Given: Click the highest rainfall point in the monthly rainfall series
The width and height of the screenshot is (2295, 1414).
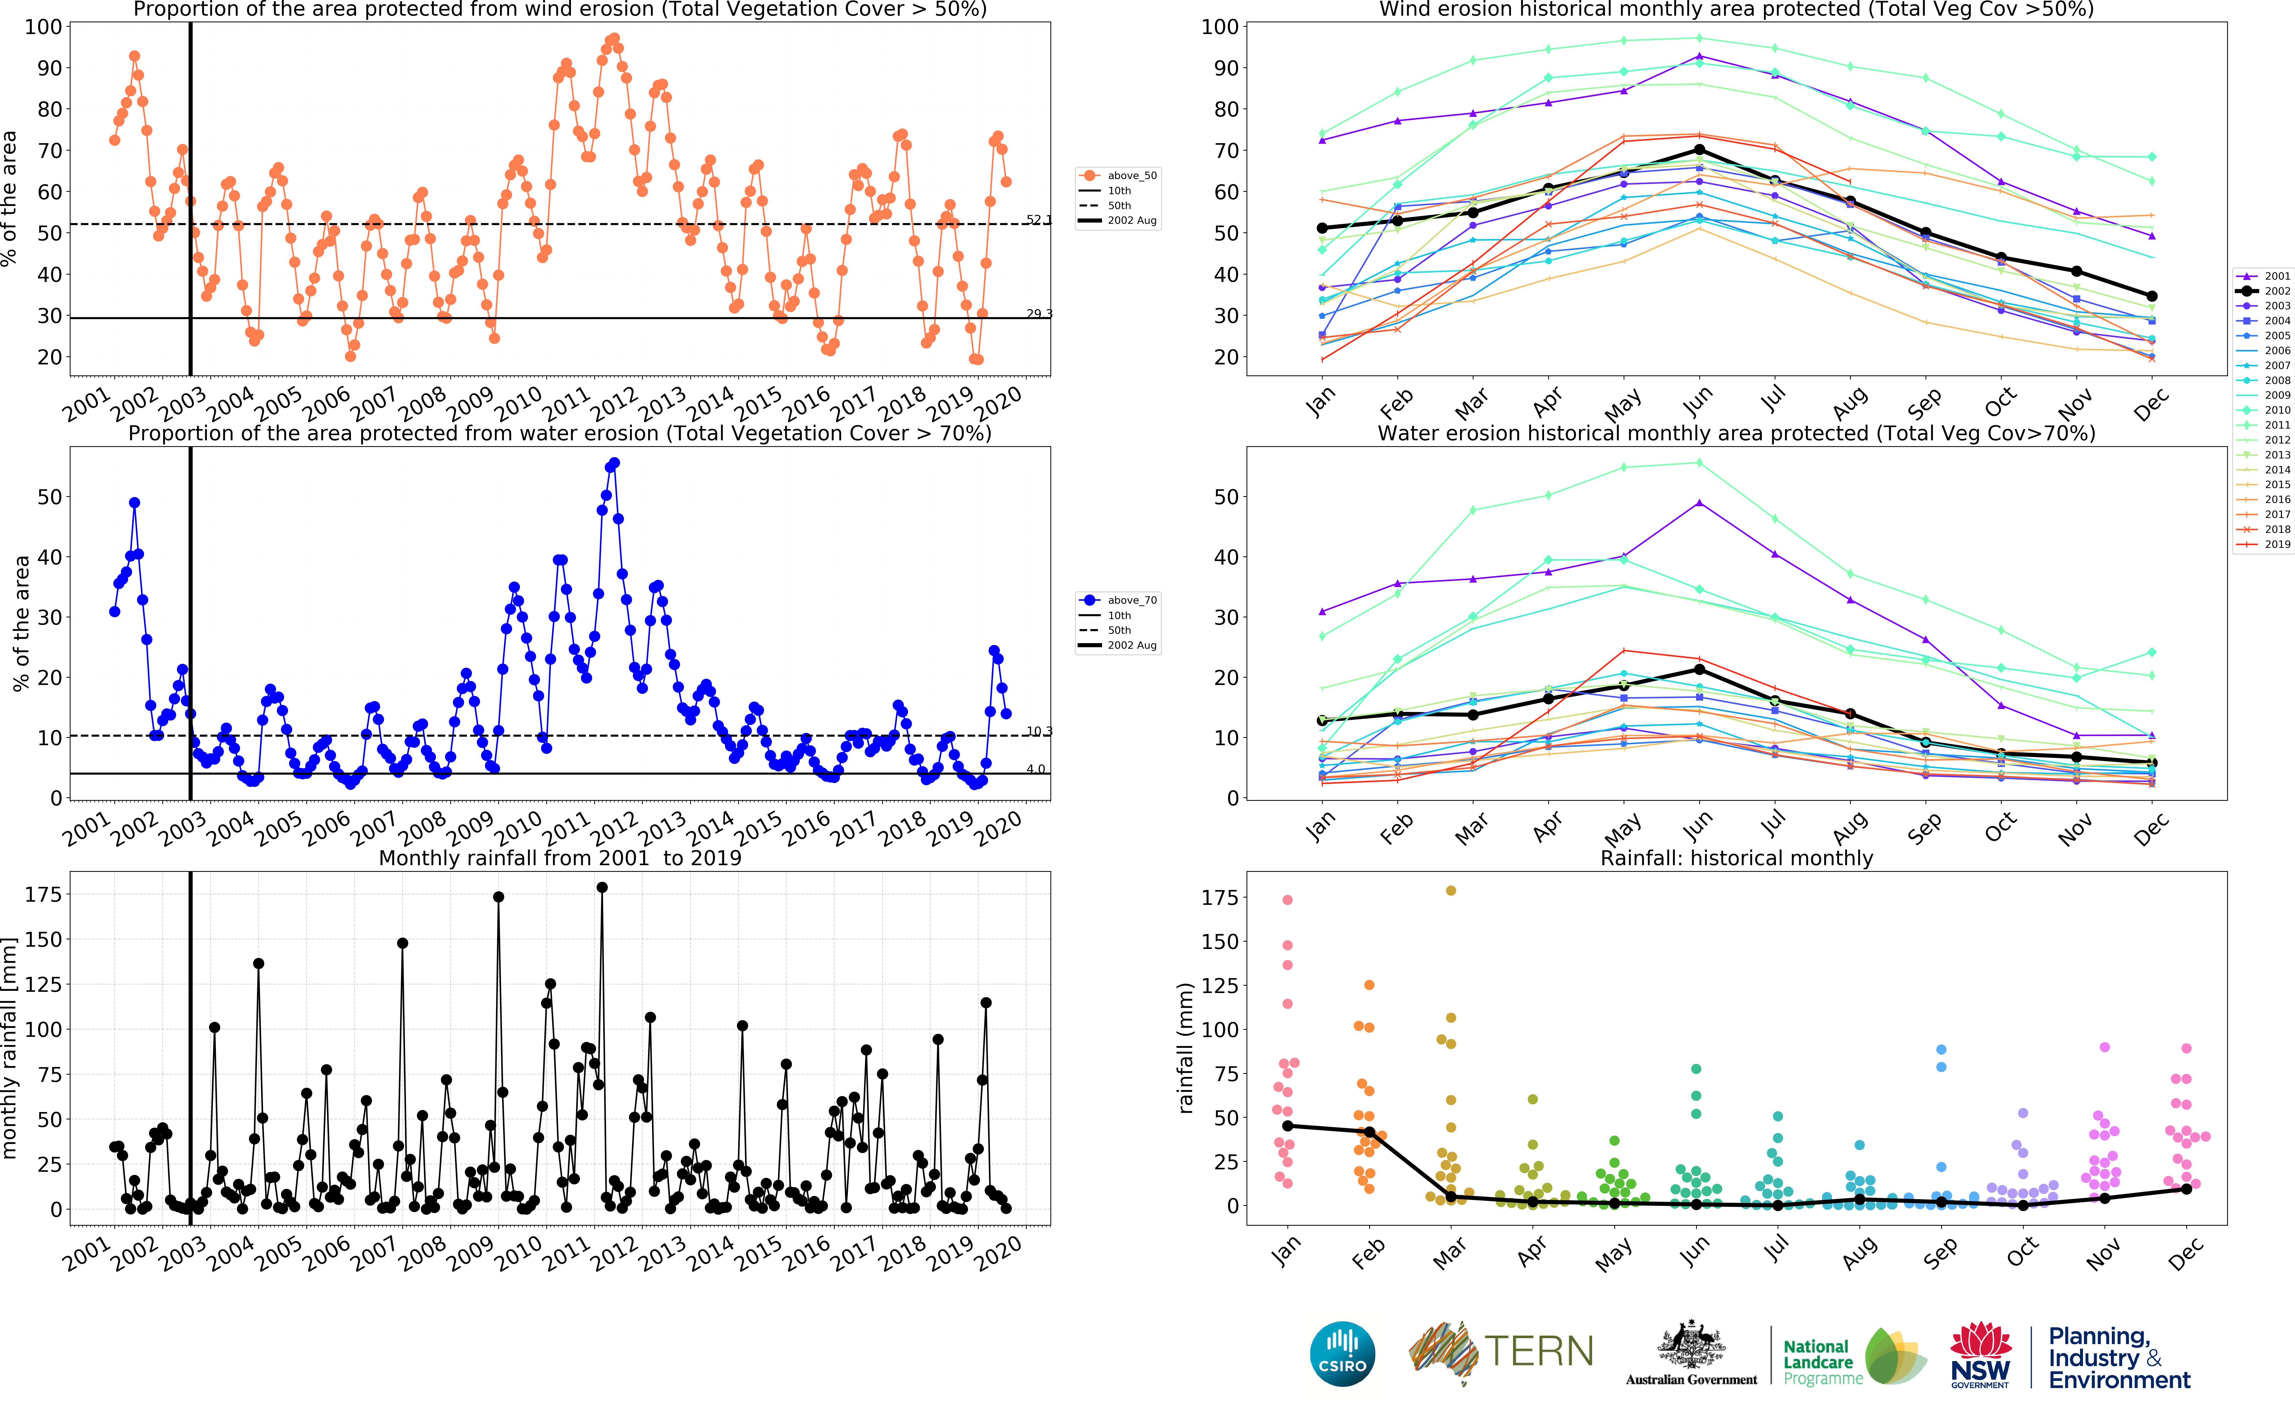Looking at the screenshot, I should (x=602, y=887).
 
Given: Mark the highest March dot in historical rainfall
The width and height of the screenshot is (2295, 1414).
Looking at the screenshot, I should (x=1451, y=891).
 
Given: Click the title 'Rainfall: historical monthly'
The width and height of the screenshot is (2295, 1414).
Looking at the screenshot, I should (x=1736, y=859).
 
